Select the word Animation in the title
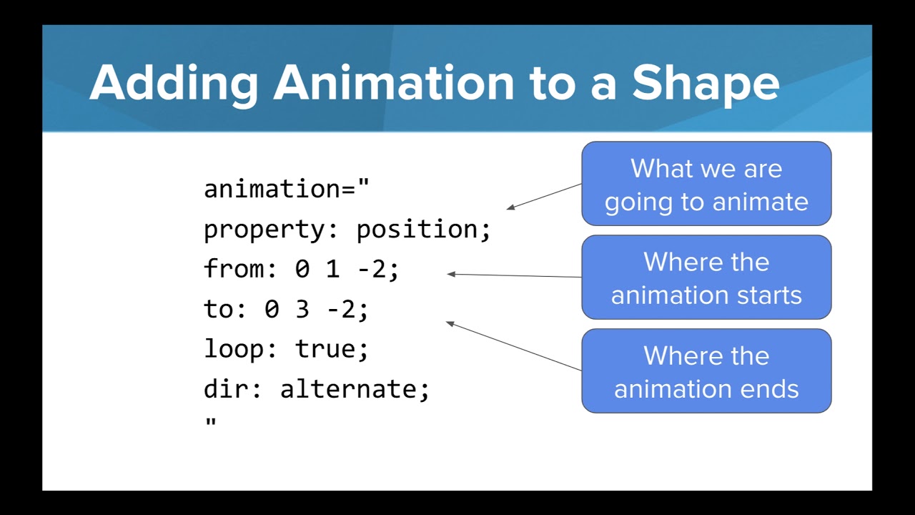tap(393, 82)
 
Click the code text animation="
tap(287, 189)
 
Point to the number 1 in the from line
tap(333, 270)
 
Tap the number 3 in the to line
tap(302, 310)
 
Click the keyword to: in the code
tap(227, 310)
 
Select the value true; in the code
tap(332, 350)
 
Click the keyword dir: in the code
tap(234, 390)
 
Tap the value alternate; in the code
tap(355, 390)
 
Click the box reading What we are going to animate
tap(706, 184)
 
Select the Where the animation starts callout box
tap(706, 278)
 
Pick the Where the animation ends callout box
tap(706, 371)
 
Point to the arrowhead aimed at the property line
tap(510, 208)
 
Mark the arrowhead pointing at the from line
tap(451, 274)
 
